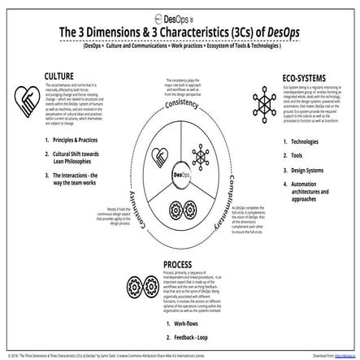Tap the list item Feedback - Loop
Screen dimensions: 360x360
(190, 336)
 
